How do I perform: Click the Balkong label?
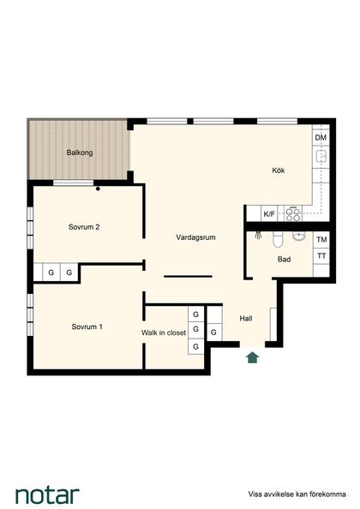[x=80, y=153]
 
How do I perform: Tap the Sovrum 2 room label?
[x=84, y=227]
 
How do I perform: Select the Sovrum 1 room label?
[x=87, y=326]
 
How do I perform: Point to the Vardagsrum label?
[x=195, y=237]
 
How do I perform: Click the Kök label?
[x=279, y=171]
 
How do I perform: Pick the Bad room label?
[x=284, y=260]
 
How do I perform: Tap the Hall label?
[x=246, y=319]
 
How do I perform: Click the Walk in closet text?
[x=164, y=332]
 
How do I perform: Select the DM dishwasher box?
[x=321, y=138]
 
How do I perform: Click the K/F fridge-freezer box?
[x=269, y=214]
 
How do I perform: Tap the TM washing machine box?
[x=321, y=240]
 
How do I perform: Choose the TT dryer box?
[x=321, y=256]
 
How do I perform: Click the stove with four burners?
[x=293, y=214]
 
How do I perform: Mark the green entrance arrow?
[x=253, y=357]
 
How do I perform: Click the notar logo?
[x=47, y=495]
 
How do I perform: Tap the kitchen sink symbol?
[x=321, y=157]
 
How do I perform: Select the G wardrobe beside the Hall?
[x=214, y=332]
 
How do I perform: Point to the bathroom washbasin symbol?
[x=298, y=236]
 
